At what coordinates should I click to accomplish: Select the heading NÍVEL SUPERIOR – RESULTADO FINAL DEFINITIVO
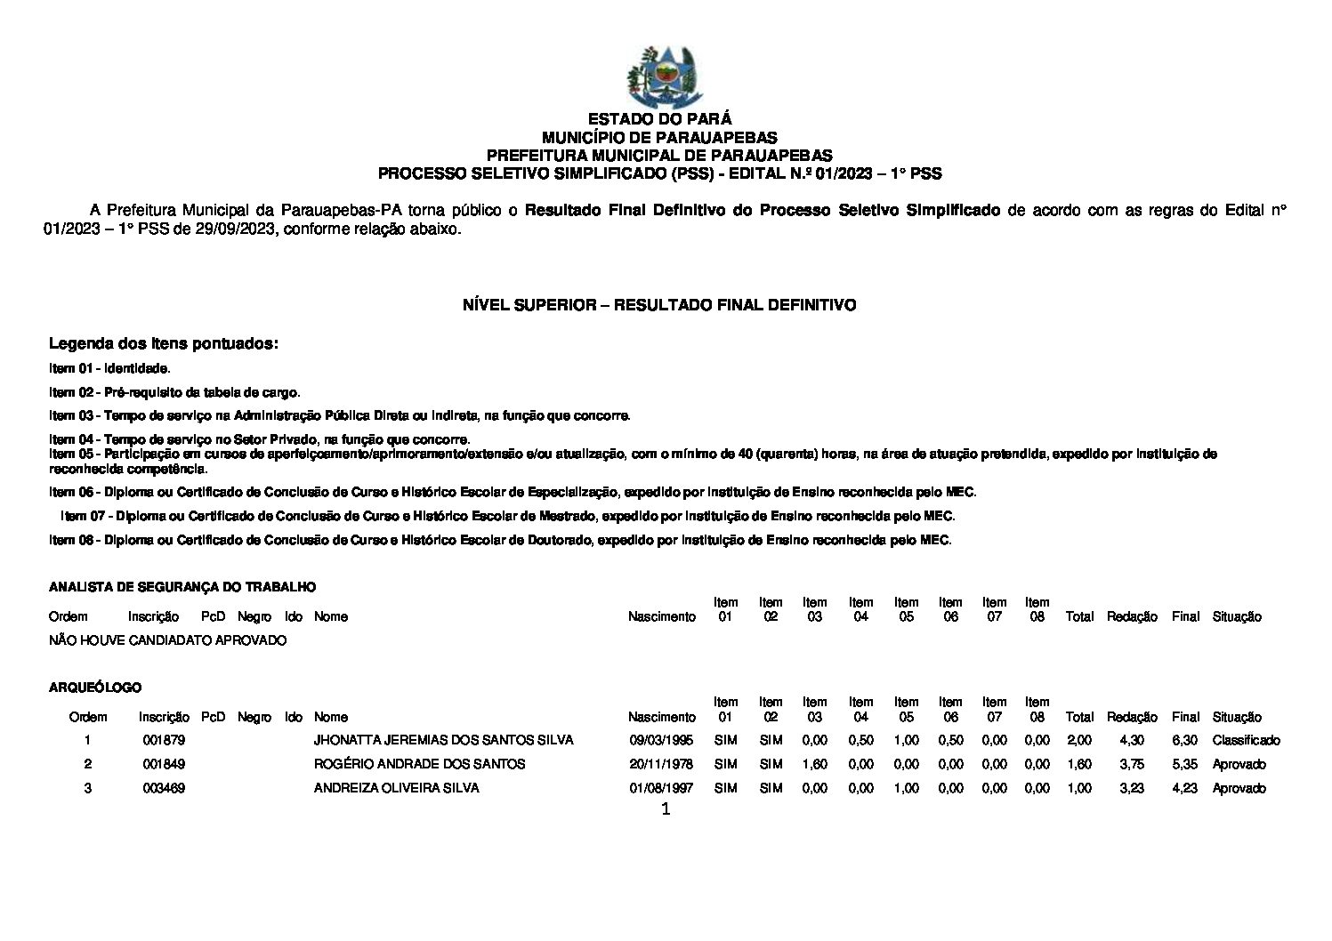coord(659,305)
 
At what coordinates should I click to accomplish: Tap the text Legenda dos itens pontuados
coord(164,343)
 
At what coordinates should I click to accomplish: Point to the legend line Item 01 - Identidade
coord(109,368)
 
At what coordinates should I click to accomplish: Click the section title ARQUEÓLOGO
coord(95,688)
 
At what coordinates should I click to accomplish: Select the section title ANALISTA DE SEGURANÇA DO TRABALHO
coord(182,587)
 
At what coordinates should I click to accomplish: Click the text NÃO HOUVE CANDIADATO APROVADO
coord(168,640)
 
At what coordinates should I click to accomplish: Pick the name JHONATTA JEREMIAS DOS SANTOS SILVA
coord(443,740)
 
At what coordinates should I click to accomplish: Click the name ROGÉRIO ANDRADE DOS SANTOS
coord(419,764)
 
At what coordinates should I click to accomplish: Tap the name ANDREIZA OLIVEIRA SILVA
coord(396,788)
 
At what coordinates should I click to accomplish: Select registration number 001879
coord(164,740)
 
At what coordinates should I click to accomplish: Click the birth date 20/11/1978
coord(661,764)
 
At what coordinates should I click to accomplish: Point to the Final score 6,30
coord(1184,740)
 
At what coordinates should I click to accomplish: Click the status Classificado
coord(1246,740)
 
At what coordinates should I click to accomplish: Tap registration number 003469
coord(164,788)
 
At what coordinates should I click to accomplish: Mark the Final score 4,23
coord(1184,788)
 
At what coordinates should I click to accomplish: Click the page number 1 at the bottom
coord(666,809)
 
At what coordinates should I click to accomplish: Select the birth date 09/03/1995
coord(661,740)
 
